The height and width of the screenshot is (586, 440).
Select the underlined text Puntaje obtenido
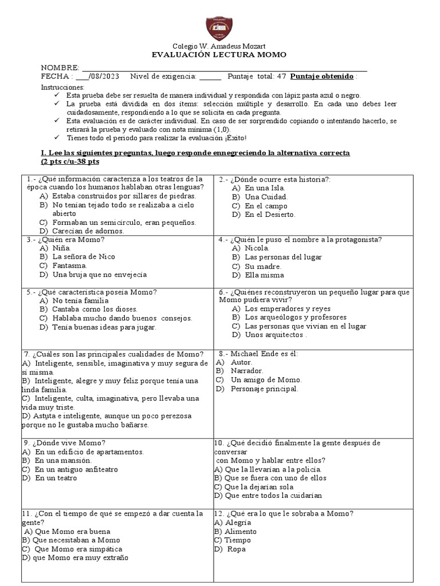[x=322, y=77]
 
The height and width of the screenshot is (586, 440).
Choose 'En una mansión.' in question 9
[x=63, y=460]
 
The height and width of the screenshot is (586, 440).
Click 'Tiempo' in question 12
[x=237, y=540]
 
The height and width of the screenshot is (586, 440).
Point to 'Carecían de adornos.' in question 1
[x=88, y=231]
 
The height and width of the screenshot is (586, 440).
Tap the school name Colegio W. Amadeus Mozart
[x=219, y=46]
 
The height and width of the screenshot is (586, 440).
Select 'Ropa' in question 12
[x=236, y=549]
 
